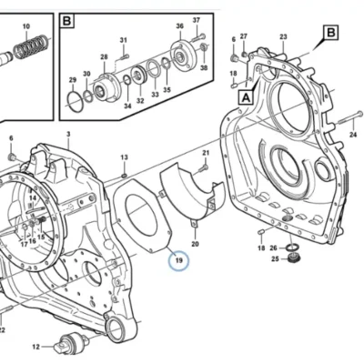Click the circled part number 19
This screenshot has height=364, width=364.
(x=178, y=260)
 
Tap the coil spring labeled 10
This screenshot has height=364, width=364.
(x=31, y=46)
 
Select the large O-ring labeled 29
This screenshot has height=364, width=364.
(x=75, y=98)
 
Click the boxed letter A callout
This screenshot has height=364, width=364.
(x=246, y=97)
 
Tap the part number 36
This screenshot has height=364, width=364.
(x=180, y=26)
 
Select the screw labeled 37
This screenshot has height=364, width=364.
(x=198, y=37)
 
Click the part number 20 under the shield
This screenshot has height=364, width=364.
(x=195, y=243)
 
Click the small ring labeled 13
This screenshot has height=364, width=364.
(x=124, y=176)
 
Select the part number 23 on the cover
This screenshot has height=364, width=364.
(x=283, y=36)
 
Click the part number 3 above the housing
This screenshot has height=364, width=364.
(x=68, y=134)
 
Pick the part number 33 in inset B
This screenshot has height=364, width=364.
(x=155, y=95)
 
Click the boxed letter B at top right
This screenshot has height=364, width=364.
(x=330, y=33)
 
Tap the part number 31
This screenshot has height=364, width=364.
(x=123, y=40)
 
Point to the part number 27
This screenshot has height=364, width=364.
(x=244, y=36)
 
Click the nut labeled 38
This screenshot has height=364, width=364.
(x=204, y=47)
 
